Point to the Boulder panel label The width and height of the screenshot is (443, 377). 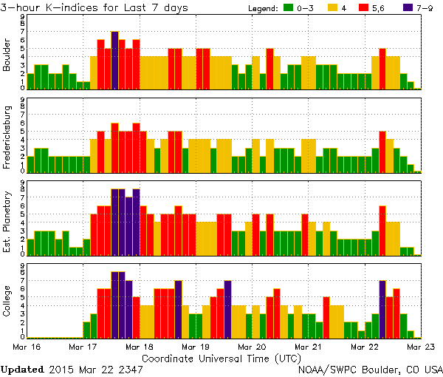(x=8, y=56)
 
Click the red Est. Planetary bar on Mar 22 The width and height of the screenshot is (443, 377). (x=382, y=230)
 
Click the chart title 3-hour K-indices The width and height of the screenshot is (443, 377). (x=52, y=7)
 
